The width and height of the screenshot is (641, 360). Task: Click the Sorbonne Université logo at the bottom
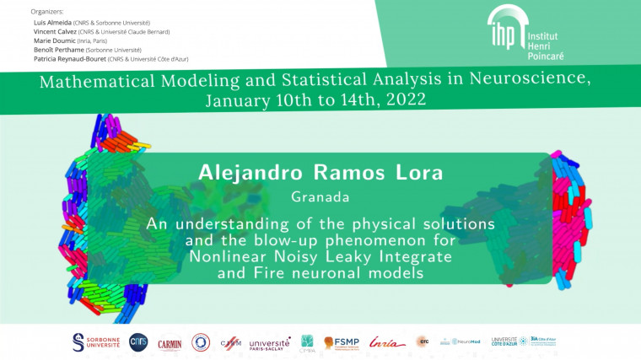pyautogui.click(x=96, y=341)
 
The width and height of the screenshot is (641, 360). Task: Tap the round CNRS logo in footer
pyautogui.click(x=137, y=341)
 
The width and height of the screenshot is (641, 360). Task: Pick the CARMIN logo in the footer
pyautogui.click(x=170, y=341)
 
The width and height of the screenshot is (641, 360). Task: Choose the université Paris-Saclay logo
pyautogui.click(x=269, y=341)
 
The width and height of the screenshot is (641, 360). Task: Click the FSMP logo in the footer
pyautogui.click(x=342, y=341)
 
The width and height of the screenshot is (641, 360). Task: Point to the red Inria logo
pyautogui.click(x=386, y=341)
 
